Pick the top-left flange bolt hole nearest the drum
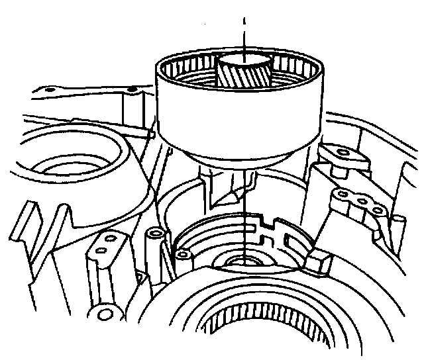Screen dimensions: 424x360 pos(132,89)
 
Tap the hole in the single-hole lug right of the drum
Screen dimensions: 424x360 pos(343,154)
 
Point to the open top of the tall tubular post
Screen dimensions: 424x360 pos(155,235)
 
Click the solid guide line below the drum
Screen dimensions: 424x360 pos(244,218)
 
